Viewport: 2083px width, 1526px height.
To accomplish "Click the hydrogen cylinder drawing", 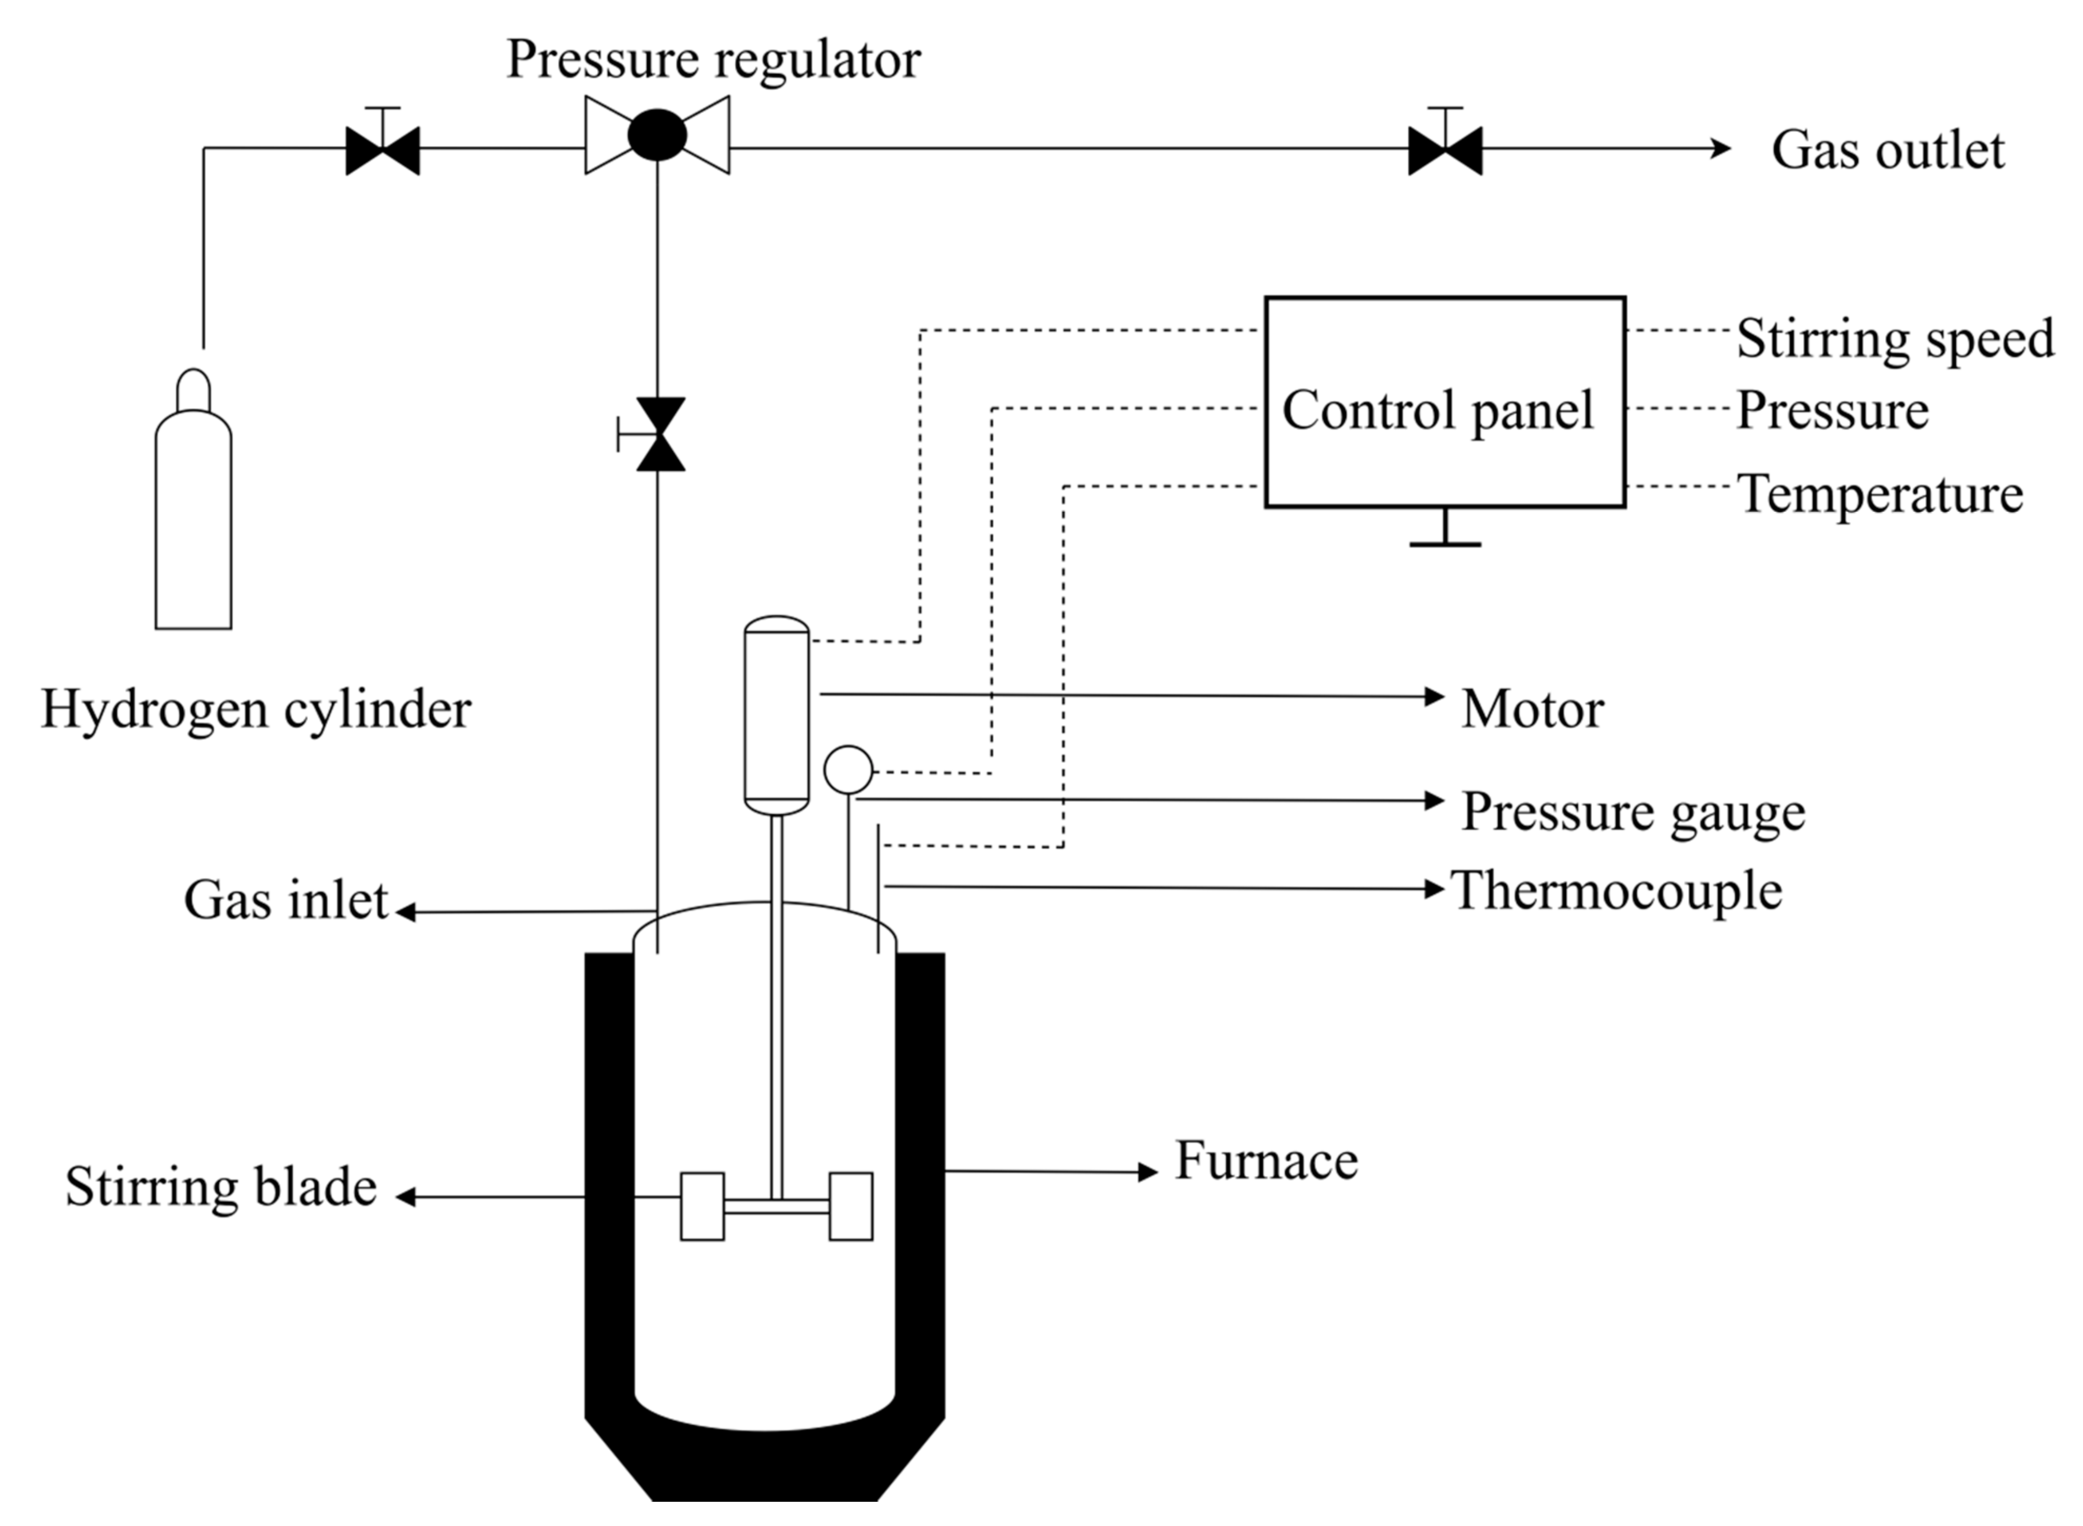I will coord(193,517).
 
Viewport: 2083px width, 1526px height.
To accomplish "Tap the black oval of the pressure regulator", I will coord(657,135).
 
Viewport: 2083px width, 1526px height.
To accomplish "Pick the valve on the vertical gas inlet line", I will coord(659,434).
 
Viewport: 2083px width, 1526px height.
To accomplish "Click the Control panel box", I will coord(1444,402).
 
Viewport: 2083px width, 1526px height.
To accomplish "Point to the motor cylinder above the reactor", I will coord(776,716).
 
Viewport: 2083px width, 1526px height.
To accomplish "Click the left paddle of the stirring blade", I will coord(702,1205).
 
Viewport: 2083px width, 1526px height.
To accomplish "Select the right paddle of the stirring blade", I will coord(850,1205).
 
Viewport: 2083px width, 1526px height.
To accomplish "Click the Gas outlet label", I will coord(1887,151).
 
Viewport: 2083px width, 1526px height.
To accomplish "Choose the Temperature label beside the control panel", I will coord(1880,494).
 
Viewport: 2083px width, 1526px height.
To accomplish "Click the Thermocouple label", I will coord(1616,891).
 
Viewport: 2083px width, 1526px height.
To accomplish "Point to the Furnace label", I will coord(1266,1161).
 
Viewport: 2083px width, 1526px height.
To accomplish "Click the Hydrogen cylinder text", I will coord(256,709).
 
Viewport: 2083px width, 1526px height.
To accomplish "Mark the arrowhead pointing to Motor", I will coord(1435,697).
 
